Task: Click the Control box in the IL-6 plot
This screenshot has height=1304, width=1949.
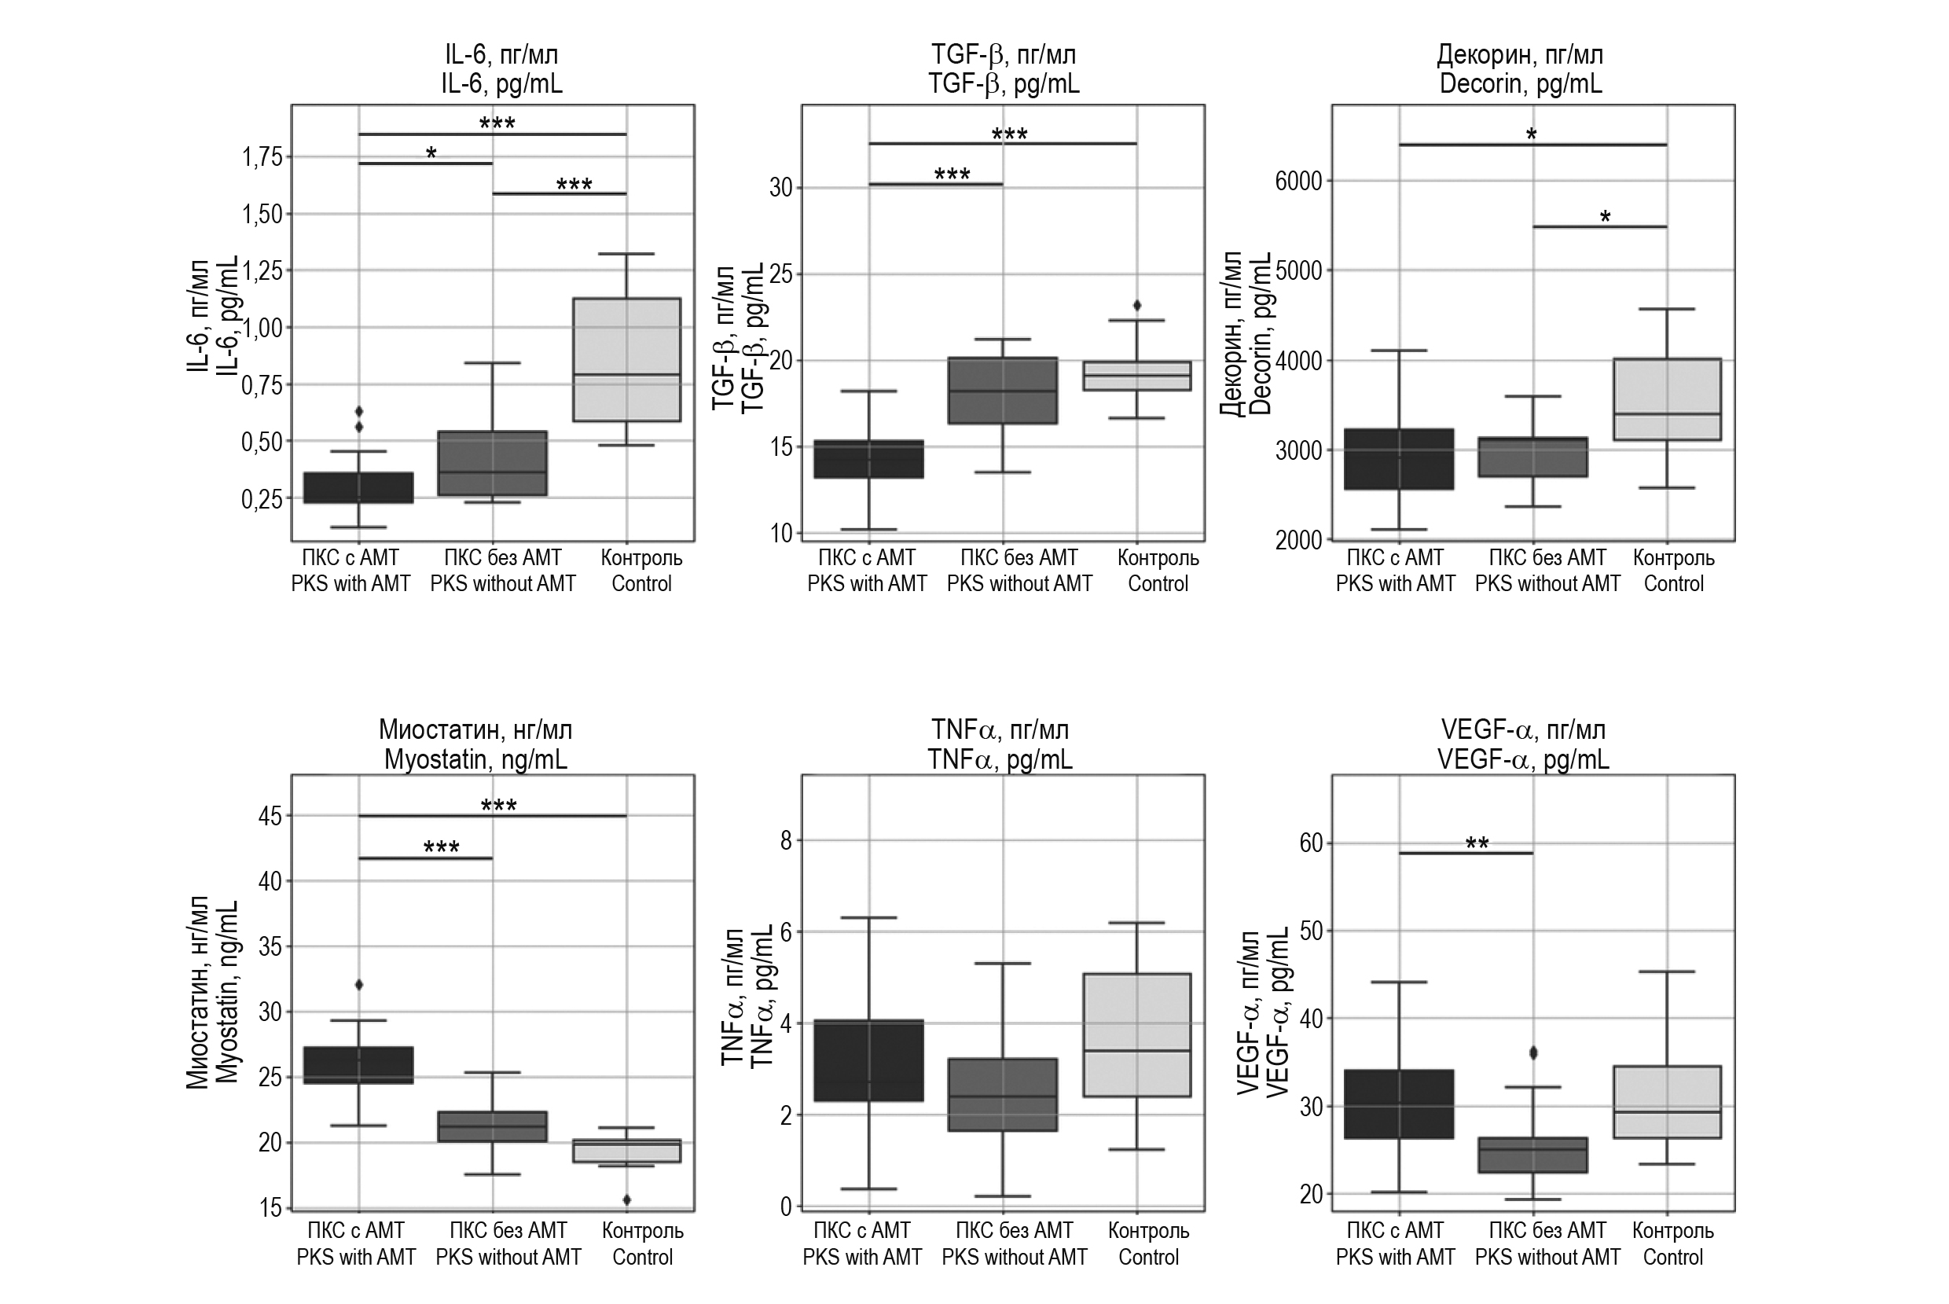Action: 627,359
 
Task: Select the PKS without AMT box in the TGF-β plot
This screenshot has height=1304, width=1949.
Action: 1003,391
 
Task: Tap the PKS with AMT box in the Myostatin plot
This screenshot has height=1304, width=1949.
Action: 358,1065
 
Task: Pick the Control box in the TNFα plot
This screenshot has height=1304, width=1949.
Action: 1136,1035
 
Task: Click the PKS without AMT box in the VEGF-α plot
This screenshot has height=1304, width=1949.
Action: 1533,1155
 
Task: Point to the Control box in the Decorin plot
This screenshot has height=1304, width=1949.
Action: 1667,399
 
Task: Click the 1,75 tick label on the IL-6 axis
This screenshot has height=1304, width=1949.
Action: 262,157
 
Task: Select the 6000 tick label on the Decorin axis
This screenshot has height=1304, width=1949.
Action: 1299,182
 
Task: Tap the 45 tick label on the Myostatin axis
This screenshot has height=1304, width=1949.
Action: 270,816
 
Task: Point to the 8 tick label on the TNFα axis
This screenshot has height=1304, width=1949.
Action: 786,841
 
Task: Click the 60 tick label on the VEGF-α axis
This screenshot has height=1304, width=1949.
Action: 1310,843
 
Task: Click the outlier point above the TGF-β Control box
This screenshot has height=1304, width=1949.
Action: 1137,305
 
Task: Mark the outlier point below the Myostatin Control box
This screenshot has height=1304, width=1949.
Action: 627,1199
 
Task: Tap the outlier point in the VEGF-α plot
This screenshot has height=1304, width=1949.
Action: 1533,1052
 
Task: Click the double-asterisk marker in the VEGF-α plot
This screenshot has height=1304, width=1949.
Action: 1477,844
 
